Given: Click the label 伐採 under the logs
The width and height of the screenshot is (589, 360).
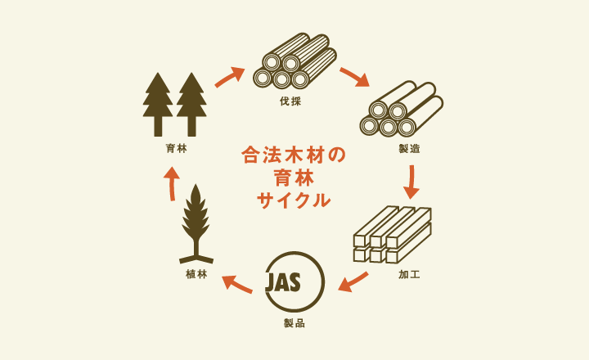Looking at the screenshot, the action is pos(290,101).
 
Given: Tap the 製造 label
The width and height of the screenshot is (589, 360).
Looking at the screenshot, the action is pos(410,149).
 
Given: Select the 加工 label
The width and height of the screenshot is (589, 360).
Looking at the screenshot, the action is pos(409,275).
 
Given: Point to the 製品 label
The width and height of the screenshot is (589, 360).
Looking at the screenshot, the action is pos(294,323).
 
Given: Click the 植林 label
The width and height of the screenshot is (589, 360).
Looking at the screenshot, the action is pos(196,274).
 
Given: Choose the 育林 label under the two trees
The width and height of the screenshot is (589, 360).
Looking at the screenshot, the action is pos(176,148).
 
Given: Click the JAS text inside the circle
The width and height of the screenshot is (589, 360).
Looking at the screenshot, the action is pos(283,282).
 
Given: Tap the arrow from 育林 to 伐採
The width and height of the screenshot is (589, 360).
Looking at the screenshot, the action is pos(230,77).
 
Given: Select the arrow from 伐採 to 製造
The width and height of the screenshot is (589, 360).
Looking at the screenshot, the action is pos(354,77).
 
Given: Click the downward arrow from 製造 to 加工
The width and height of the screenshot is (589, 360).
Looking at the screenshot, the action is pos(412,182).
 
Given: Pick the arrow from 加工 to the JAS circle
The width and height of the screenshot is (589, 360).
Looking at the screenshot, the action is pos(353,281).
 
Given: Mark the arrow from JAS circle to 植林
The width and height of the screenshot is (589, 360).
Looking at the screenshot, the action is pos(237,284).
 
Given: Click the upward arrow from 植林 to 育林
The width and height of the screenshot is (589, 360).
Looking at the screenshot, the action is pos(172,183).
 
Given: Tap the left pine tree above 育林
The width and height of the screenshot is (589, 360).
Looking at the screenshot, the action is pos(158,105).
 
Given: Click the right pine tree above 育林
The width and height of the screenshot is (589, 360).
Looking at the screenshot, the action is pos(191,105).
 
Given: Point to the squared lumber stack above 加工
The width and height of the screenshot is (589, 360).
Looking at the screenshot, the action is pos(393,235).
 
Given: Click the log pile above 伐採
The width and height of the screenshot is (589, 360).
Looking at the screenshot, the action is pos(294,61).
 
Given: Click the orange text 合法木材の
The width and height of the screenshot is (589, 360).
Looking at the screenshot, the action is pos(294,155).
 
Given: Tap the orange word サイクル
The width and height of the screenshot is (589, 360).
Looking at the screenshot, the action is pos(294,200).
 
